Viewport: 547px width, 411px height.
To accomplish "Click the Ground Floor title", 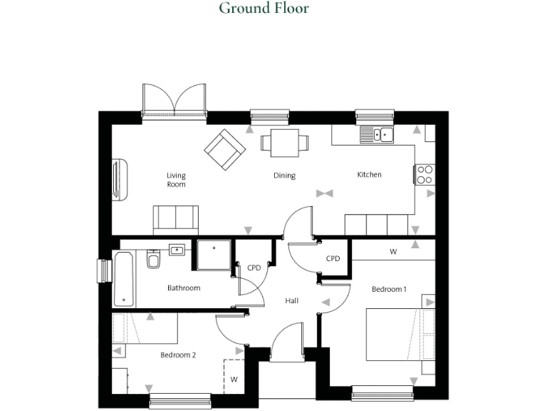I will coord(264,9).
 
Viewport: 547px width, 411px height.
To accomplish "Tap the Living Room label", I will coord(176,180).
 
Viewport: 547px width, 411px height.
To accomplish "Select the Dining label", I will coord(284,176).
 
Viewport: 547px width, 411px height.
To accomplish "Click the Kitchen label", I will coord(369,174).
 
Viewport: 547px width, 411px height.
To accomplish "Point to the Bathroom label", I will coord(184,288).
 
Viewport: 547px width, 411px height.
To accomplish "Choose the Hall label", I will coord(291,301).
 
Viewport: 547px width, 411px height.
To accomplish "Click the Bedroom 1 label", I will coord(389,289).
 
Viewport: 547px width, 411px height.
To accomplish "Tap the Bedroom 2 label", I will coord(178,355).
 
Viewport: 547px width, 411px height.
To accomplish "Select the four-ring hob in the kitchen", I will coord(424,174).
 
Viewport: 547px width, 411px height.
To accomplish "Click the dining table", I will coord(284,142).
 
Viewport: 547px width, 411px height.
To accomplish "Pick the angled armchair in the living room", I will coord(225,150).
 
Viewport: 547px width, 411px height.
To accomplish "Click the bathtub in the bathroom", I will coord(123,278).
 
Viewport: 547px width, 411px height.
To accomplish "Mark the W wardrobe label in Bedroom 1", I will coord(393,252).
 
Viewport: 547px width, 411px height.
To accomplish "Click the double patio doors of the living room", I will coord(174,101).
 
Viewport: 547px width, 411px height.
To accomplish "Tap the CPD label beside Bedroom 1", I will coord(333,258).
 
